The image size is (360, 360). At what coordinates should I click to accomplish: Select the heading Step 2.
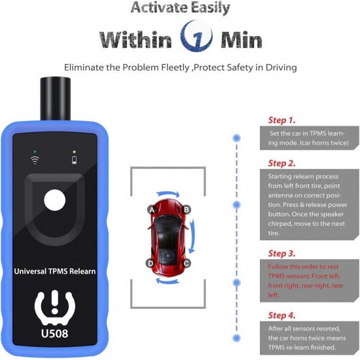pyautogui.click(x=282, y=163)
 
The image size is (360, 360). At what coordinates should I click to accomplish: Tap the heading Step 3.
pyautogui.click(x=282, y=253)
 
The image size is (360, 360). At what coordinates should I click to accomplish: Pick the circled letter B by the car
pyautogui.click(x=187, y=209)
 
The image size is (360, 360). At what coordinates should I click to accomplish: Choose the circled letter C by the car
pyautogui.click(x=187, y=263)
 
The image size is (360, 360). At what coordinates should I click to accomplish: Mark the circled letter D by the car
pyautogui.click(x=151, y=263)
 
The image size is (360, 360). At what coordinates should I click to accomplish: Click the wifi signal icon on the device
pyautogui.click(x=33, y=159)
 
